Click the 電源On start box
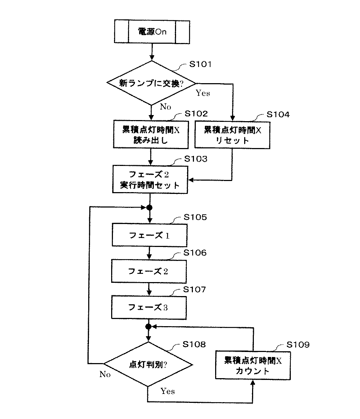click(152, 32)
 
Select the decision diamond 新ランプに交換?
click(151, 83)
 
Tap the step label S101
click(200, 65)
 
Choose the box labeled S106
click(149, 271)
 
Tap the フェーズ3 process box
click(149, 307)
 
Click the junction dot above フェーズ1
click(150, 208)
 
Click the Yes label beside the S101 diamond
click(203, 93)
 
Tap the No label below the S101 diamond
click(166, 106)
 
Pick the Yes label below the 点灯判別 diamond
click(167, 391)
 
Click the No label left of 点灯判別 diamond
click(105, 375)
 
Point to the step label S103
click(195, 159)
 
